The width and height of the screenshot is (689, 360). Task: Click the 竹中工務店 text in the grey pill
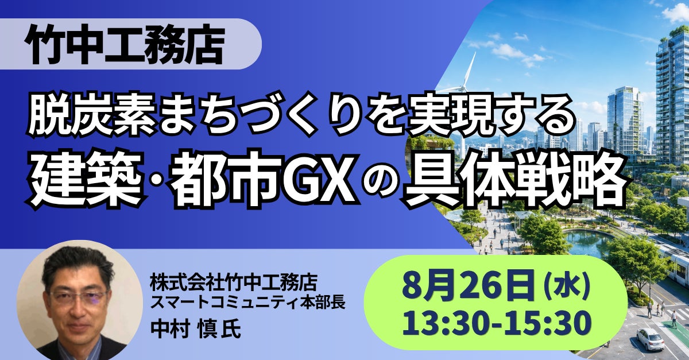(x=125, y=45)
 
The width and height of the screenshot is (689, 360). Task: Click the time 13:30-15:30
(x=496, y=323)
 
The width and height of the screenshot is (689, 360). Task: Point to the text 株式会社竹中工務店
(x=234, y=282)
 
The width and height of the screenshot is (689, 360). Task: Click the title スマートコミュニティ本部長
(x=247, y=303)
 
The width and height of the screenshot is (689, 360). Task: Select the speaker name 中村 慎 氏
(x=196, y=330)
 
